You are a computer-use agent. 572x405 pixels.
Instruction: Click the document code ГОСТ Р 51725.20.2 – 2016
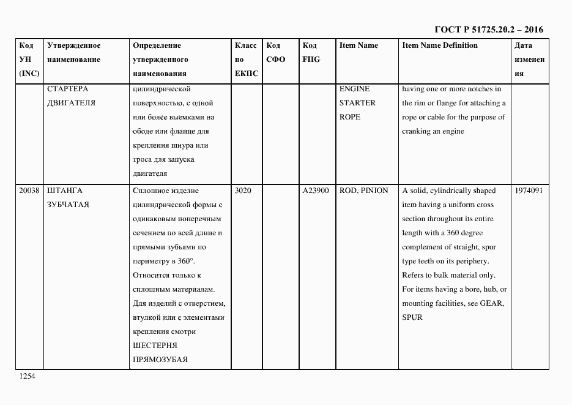click(x=488, y=29)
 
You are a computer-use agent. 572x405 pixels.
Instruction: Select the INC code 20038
click(x=29, y=191)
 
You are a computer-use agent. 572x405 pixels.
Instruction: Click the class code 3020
click(x=243, y=191)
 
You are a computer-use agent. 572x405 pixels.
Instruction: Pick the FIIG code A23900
click(x=316, y=191)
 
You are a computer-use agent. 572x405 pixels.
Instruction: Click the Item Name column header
click(x=358, y=46)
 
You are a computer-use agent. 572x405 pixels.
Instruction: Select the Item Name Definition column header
click(x=440, y=46)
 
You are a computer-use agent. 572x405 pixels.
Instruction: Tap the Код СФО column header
click(x=275, y=53)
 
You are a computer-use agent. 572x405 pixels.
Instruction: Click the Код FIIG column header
click(x=311, y=53)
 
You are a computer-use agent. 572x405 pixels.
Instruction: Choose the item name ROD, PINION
click(x=363, y=191)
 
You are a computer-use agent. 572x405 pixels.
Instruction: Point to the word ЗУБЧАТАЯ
click(x=68, y=205)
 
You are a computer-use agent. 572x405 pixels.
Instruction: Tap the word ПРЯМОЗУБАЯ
click(x=160, y=360)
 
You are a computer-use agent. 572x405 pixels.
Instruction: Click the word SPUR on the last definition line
click(x=412, y=317)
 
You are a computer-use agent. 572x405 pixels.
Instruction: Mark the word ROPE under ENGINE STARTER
click(x=349, y=117)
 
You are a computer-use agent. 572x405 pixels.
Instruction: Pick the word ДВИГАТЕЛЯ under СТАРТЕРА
click(x=71, y=103)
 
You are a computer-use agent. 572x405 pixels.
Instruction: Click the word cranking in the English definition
click(x=417, y=131)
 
